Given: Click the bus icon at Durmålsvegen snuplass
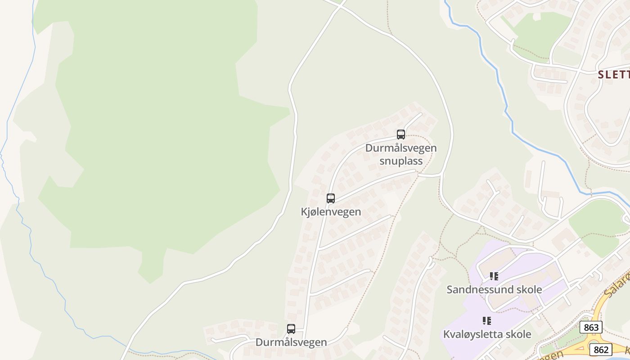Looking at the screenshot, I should click(400, 134).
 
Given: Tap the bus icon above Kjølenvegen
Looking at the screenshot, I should click(331, 198).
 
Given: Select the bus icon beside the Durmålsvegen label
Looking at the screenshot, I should click(291, 329).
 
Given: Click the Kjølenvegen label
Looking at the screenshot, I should click(331, 211).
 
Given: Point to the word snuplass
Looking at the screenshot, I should click(400, 161).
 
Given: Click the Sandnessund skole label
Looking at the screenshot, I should click(494, 289).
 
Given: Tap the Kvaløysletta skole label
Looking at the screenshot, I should click(487, 334).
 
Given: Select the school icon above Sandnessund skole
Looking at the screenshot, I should click(494, 276).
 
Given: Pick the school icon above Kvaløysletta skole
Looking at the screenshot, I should click(486, 321).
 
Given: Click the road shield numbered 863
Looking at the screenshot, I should click(590, 327).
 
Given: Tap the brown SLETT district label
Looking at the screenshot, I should click(614, 75).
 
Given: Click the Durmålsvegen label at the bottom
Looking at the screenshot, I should click(291, 342).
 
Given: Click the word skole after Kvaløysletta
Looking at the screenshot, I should click(518, 334).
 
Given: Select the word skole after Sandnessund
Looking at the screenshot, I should click(528, 289).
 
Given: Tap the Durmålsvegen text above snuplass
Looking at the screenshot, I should click(400, 148).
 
